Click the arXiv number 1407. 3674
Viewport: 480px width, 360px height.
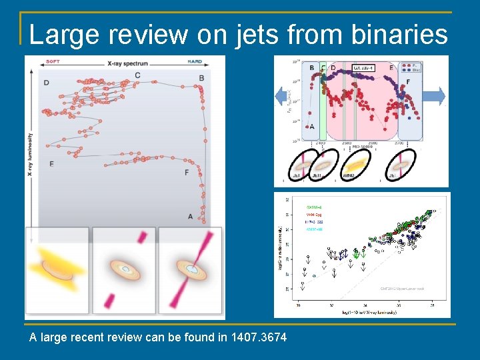(257, 337)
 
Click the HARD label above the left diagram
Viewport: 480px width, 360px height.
(195, 61)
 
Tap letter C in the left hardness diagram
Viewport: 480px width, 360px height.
(137, 75)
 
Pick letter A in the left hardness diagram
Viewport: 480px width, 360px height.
(191, 216)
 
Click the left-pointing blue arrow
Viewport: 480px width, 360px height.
(282, 97)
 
